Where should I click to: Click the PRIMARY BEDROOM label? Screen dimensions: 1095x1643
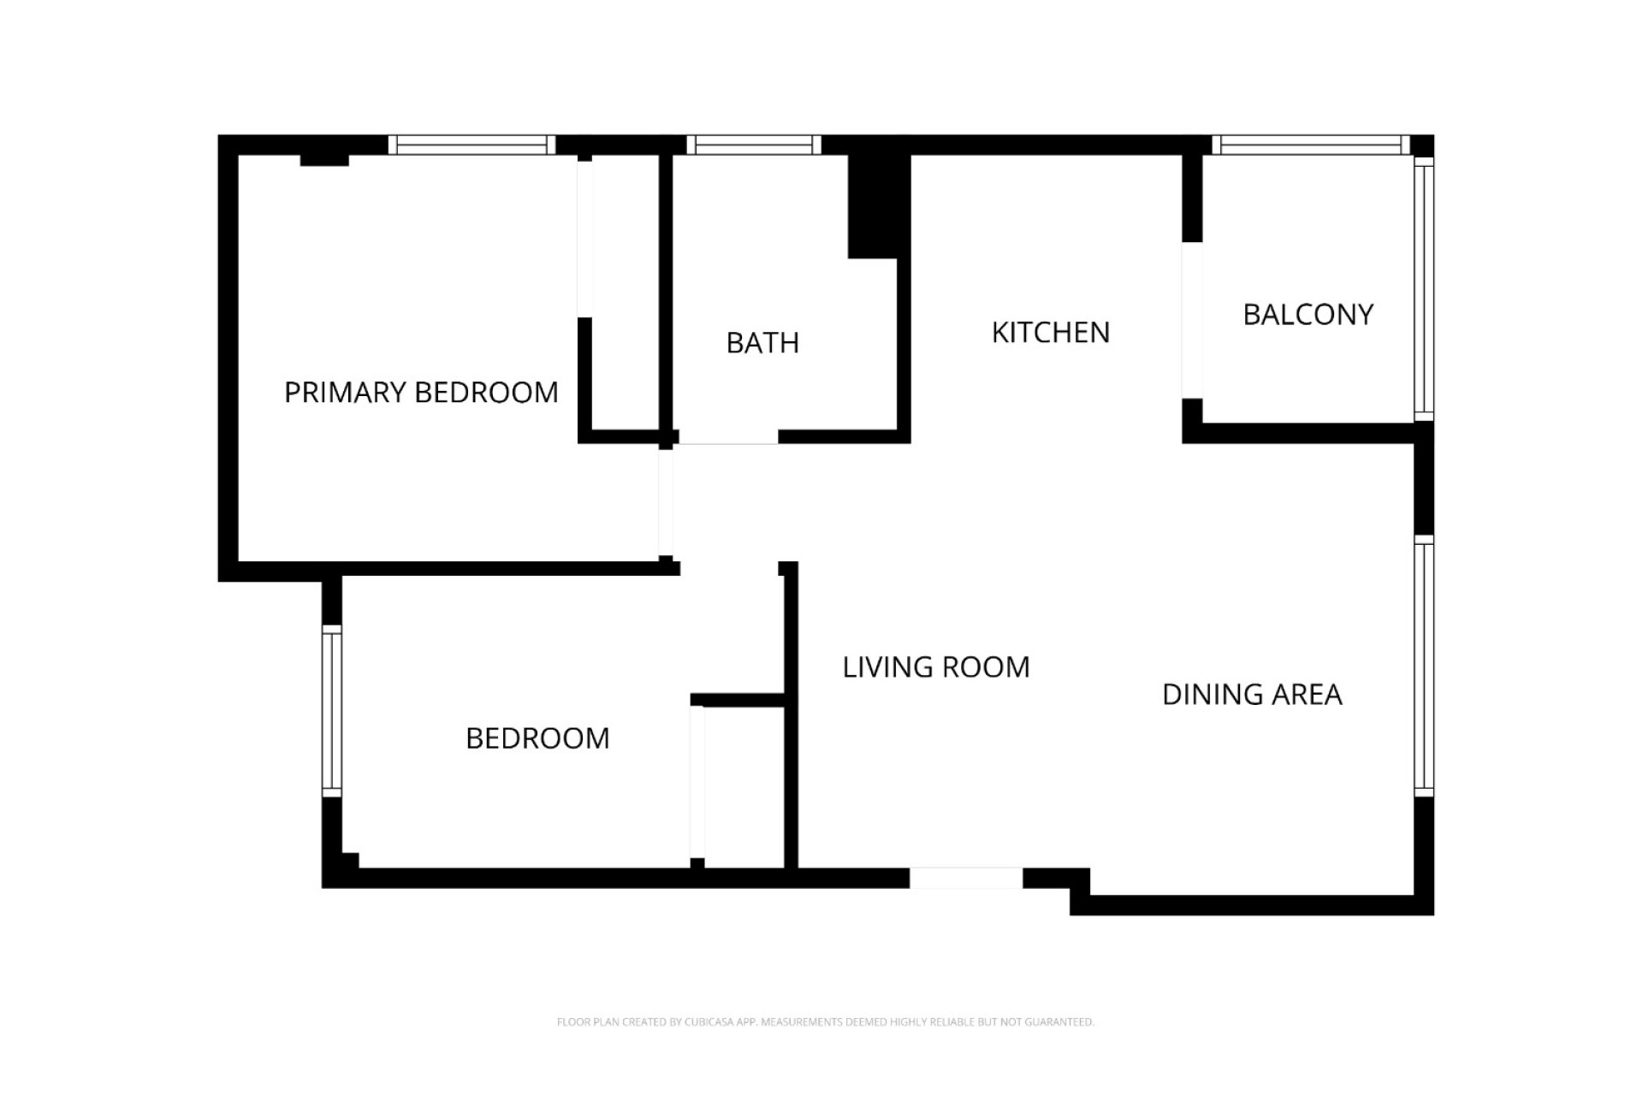tap(421, 393)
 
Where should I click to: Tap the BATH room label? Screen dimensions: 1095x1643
tap(762, 343)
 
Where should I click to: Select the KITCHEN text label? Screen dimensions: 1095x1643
tap(1050, 333)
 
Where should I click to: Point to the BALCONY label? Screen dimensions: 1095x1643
tap(1308, 315)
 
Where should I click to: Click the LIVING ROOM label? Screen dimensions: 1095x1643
tap(936, 667)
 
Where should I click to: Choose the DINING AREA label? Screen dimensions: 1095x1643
tap(1251, 695)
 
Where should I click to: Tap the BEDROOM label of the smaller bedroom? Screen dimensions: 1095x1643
tap(537, 738)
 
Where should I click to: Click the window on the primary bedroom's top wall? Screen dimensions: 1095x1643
tap(472, 145)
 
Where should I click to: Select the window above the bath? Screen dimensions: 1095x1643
tap(753, 145)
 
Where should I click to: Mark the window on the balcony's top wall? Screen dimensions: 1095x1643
tap(1310, 145)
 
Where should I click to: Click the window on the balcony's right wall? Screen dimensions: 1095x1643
tap(1423, 289)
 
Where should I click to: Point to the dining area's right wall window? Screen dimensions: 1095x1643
tap(1423, 666)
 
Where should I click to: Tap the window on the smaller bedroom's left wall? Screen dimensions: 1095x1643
tap(332, 712)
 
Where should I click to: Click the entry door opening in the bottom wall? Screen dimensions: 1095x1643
tap(965, 878)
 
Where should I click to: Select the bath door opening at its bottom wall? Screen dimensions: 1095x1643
tap(728, 437)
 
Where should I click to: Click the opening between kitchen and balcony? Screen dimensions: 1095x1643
tap(1192, 321)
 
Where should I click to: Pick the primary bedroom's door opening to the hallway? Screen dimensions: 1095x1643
tap(666, 503)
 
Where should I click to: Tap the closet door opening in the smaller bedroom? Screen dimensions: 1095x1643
tap(697, 781)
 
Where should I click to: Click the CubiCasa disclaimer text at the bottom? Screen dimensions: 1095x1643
tap(825, 1022)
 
